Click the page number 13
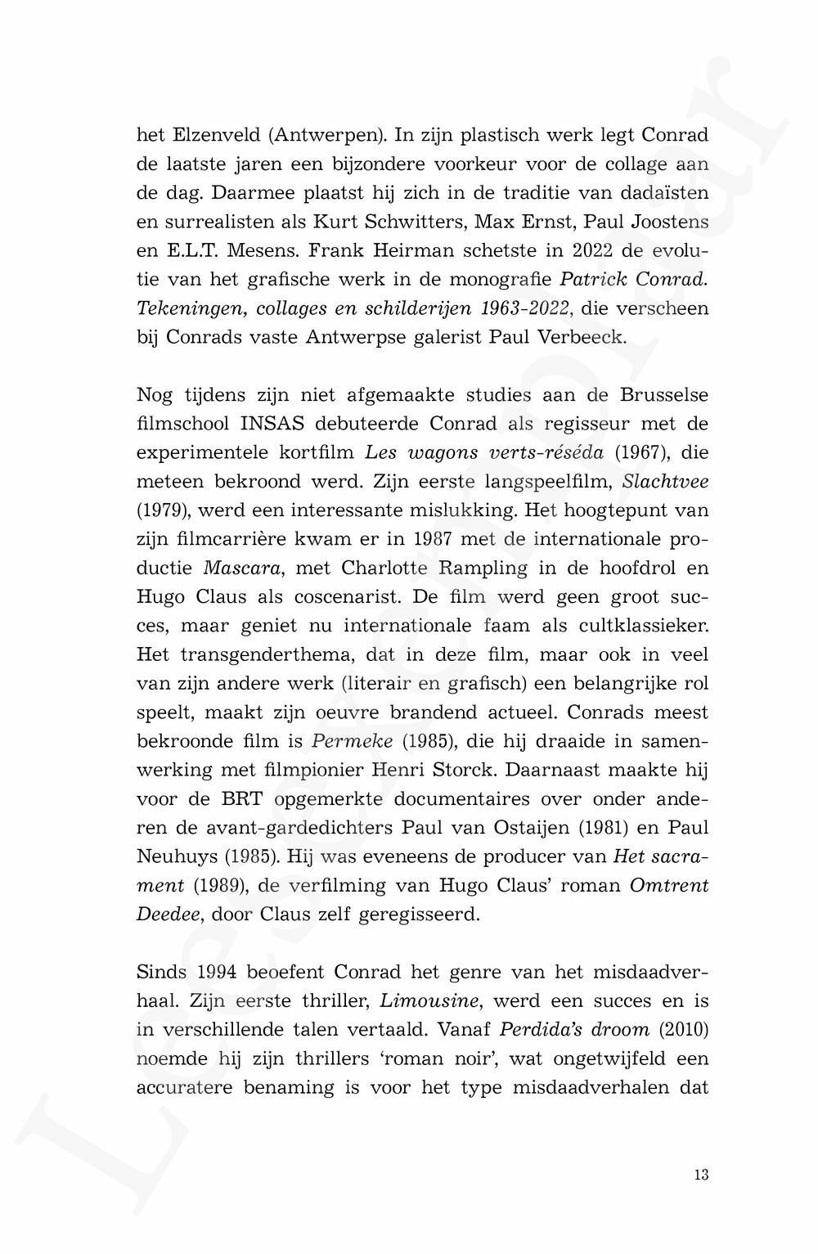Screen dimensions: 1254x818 700,1175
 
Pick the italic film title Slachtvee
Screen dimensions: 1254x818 665,481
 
